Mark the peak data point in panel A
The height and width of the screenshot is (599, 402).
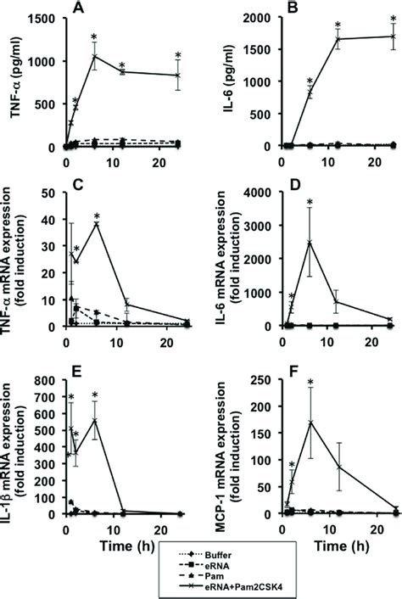94,57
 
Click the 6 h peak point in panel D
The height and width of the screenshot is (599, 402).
310,243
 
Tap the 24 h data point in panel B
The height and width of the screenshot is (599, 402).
392,36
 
